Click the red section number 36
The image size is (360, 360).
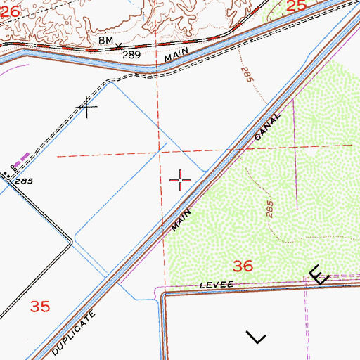pos(243,266)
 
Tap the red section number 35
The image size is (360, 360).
pos(41,307)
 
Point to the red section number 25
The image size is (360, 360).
pos(297,6)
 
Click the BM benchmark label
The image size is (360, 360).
pos(105,41)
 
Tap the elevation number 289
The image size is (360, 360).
pos(131,54)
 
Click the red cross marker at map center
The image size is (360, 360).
pos(181,181)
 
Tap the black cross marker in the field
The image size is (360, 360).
pos(87,107)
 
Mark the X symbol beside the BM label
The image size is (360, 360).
pos(119,47)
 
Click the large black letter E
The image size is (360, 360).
pos(318,274)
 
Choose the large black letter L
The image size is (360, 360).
pos(257,337)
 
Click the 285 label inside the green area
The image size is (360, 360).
pos(270,210)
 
